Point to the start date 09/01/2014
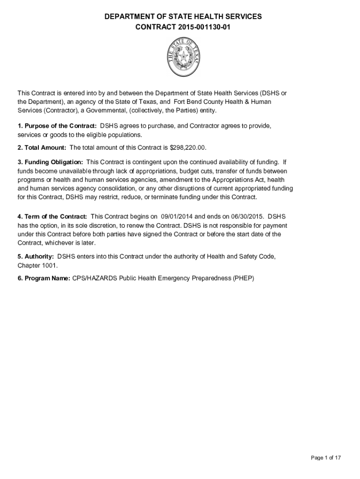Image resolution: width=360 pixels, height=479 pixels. coord(177,217)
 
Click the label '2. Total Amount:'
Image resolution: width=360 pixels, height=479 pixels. coord(42,148)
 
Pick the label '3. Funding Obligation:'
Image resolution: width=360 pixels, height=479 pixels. coord(50,162)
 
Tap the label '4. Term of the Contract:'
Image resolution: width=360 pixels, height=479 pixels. coord(52,217)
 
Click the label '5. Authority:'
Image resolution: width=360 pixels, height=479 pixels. coord(36,256)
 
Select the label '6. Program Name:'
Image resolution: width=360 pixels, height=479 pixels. coord(44,278)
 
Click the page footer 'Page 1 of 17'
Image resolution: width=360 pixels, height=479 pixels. coord(326,457)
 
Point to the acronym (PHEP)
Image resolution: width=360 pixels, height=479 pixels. coord(243,278)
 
